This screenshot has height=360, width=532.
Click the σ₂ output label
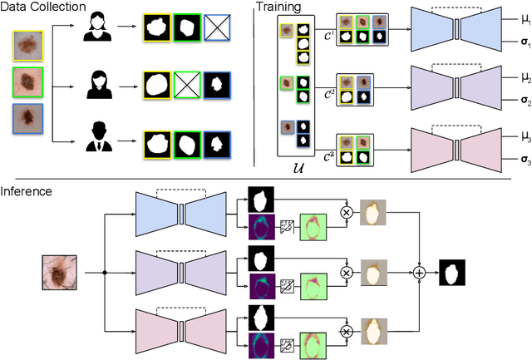tap(505, 101)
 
